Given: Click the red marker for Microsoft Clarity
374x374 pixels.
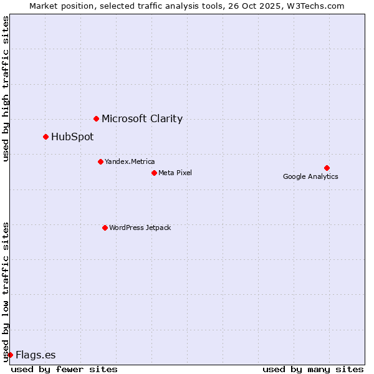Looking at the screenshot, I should click(96, 118).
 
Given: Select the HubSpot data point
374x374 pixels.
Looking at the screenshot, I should click(46, 137).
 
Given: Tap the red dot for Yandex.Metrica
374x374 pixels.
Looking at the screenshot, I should click(100, 161).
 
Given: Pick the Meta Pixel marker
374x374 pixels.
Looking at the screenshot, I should click(154, 173).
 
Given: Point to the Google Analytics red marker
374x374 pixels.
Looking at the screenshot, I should click(327, 168).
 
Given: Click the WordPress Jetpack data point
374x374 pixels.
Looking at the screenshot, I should click(105, 228).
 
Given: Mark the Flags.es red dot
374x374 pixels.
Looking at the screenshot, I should click(10, 355).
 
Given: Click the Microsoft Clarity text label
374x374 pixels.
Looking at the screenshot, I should click(142, 118).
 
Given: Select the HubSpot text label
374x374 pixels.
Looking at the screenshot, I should click(72, 137).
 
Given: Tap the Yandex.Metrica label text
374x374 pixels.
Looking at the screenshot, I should click(130, 161).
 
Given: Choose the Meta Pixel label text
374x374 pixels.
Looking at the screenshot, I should click(175, 173).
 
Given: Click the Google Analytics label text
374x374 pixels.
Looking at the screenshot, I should click(310, 176).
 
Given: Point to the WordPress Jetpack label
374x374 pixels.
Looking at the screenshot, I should click(140, 228).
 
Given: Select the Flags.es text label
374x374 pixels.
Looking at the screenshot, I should click(36, 355).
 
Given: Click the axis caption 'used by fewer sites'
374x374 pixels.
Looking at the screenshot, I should click(64, 369).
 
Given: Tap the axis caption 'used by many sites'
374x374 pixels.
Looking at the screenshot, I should click(313, 369).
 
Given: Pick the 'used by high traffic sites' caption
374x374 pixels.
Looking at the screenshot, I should click(6, 89).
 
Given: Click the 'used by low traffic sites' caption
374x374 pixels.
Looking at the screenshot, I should click(6, 291).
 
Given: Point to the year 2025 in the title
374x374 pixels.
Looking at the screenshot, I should click(269, 6).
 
